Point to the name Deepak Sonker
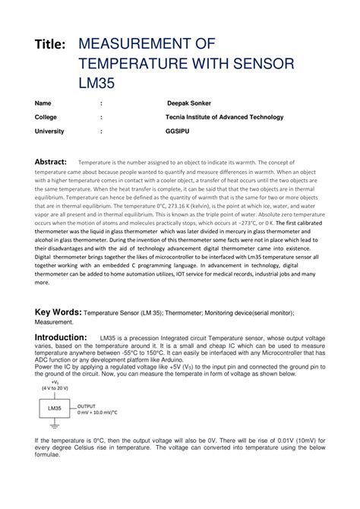(188, 103)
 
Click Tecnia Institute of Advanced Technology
(224, 117)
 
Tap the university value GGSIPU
(178, 131)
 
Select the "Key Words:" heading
(58, 311)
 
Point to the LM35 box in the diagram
(54, 408)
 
